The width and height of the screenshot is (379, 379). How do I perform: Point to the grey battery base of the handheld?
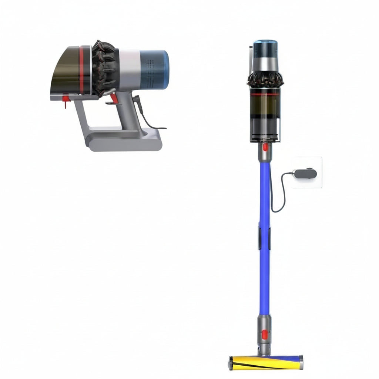[124, 142]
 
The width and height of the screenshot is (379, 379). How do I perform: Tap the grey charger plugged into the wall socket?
[305, 172]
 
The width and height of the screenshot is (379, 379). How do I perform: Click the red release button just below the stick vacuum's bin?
[265, 147]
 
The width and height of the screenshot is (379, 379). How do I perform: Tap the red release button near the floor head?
[265, 335]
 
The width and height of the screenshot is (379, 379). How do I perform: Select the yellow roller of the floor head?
[259, 363]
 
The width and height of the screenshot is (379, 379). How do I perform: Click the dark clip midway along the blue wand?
[264, 238]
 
